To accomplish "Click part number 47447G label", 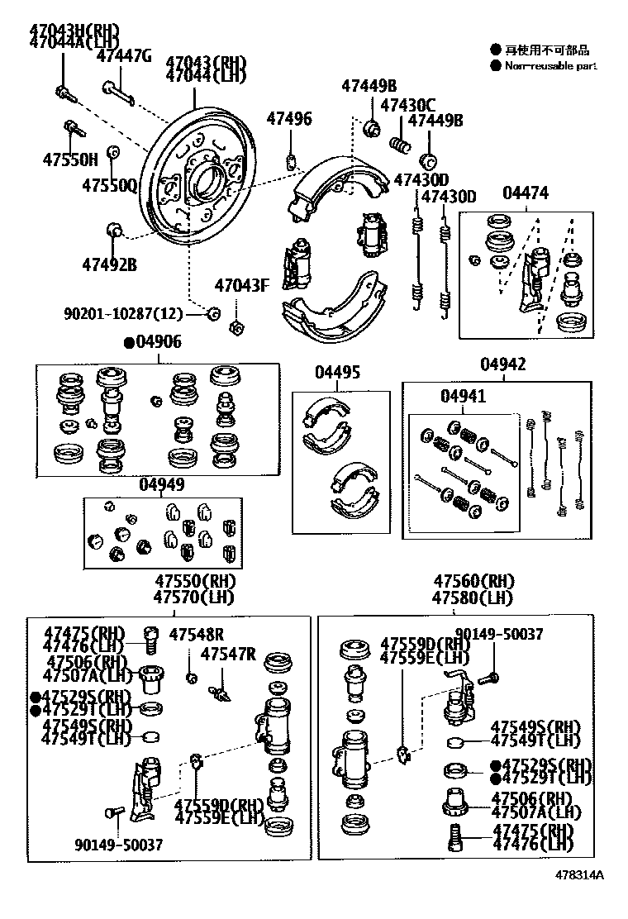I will pos(124,56).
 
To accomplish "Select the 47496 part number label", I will pos(289,119).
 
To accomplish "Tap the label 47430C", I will pos(407,105).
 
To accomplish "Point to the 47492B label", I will pos(109,264).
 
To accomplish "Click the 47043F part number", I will pos(242,286).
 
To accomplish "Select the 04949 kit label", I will pos(162,485).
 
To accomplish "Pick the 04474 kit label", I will pos(526,193).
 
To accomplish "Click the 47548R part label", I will pos(197,635).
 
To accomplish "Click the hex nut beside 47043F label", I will pos(234,327).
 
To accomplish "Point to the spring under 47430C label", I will pos(400,146).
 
